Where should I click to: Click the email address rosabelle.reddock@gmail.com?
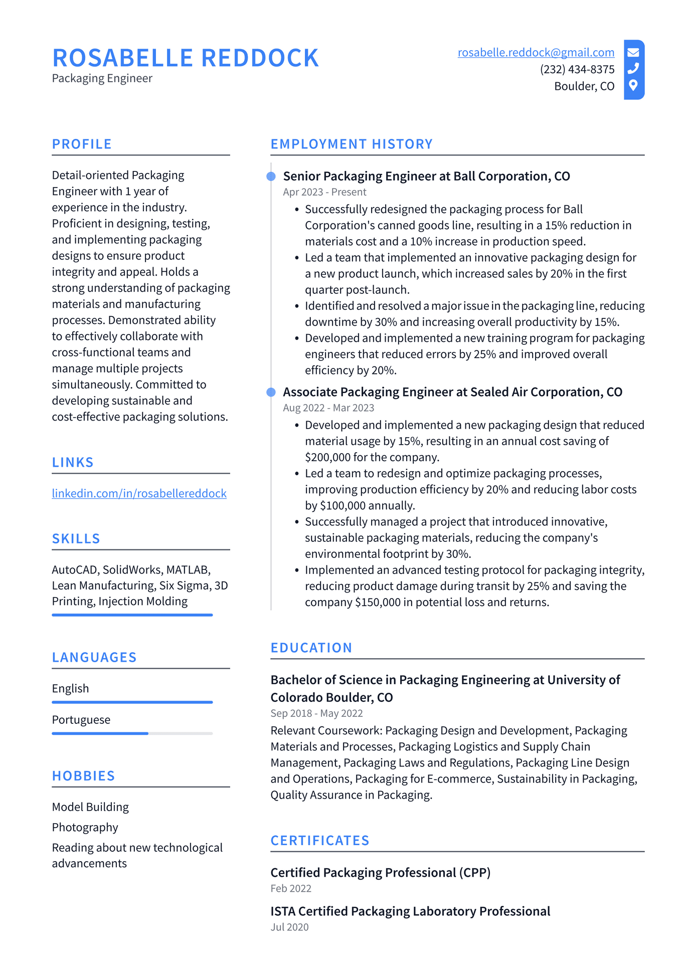536,53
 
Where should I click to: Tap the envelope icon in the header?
633,52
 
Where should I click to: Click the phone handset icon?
633,68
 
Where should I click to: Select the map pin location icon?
633,85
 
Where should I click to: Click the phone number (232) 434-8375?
577,69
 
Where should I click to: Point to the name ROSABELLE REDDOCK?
186,58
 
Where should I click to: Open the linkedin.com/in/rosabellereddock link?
139,493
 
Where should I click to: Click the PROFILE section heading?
82,144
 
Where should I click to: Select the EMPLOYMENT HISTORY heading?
352,144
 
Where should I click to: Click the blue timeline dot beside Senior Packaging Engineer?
271,176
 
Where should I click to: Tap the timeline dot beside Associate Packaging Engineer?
271,392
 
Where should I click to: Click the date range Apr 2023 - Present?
324,192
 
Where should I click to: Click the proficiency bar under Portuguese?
132,733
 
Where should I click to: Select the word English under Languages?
70,689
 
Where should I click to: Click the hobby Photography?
85,827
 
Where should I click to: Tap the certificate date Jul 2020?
289,927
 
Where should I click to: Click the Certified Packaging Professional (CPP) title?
380,873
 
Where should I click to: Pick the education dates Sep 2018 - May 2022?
316,713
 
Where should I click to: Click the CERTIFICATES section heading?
320,841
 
